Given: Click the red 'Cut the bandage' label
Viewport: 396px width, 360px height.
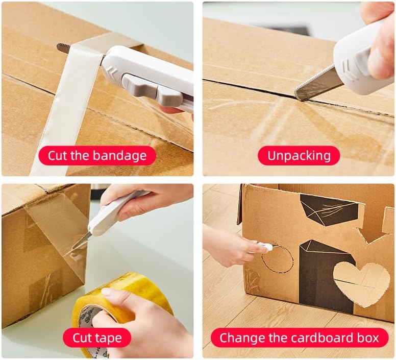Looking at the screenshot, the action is (x=97, y=155).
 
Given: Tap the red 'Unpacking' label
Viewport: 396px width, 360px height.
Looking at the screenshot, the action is (x=299, y=155).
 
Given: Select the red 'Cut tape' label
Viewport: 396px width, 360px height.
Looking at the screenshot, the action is (x=97, y=338).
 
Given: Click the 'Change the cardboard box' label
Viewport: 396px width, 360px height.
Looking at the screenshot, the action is (x=299, y=338).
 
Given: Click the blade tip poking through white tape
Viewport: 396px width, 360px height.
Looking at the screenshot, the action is (x=63, y=48).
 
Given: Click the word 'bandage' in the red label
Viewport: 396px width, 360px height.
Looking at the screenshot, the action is (x=120, y=156).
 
